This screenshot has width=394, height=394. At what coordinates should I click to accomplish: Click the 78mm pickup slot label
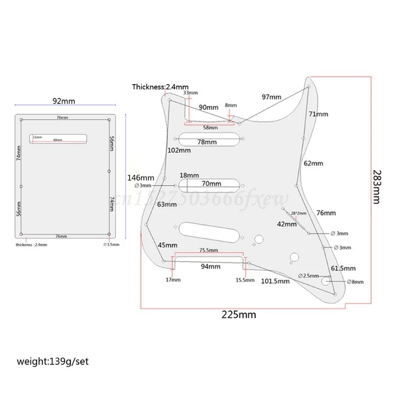point(207,142)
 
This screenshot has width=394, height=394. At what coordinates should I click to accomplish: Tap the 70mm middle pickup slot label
point(211,184)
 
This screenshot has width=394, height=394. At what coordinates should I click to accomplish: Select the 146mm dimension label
point(140,177)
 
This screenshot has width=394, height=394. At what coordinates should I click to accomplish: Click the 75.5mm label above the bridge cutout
point(208,250)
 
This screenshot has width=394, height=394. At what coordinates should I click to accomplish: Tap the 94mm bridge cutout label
point(210,266)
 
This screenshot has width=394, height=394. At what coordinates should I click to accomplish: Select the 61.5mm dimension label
point(343,268)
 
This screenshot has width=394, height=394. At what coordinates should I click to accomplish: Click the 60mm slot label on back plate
point(58,140)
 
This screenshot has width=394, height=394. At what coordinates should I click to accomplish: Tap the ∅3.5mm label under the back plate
point(111,244)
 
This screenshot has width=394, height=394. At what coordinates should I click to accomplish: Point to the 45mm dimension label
point(167,245)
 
